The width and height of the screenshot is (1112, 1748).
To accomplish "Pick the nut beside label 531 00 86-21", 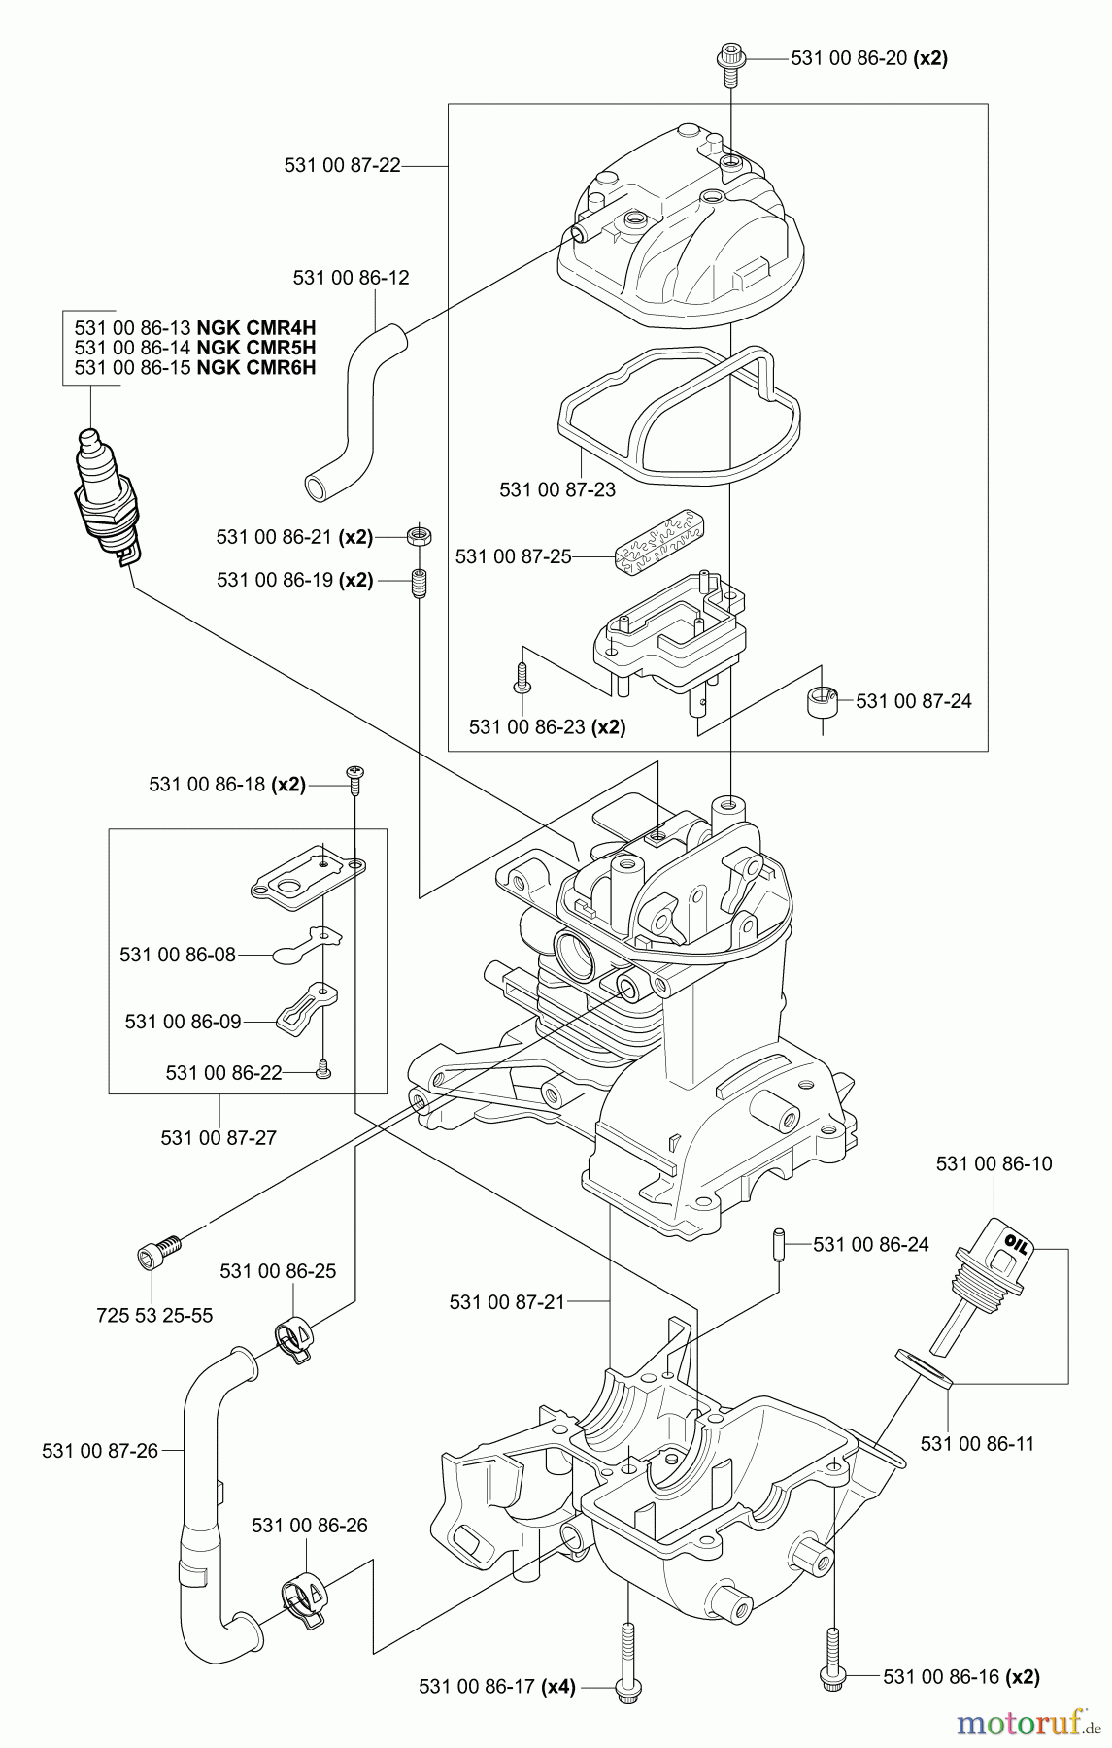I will point(420,535).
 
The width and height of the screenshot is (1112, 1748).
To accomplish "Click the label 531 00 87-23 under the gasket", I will point(556,489).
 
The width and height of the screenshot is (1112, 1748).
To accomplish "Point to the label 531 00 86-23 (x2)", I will point(546,726).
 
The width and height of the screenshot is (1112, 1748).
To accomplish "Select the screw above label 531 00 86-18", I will point(355,774).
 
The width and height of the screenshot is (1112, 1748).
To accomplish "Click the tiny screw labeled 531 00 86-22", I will point(324,1071).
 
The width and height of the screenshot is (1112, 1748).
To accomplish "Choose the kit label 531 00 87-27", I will point(219,1137).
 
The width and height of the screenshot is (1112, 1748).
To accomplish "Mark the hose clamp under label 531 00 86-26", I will point(304,1599).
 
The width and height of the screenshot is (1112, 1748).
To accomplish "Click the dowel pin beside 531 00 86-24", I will point(776,1243).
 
